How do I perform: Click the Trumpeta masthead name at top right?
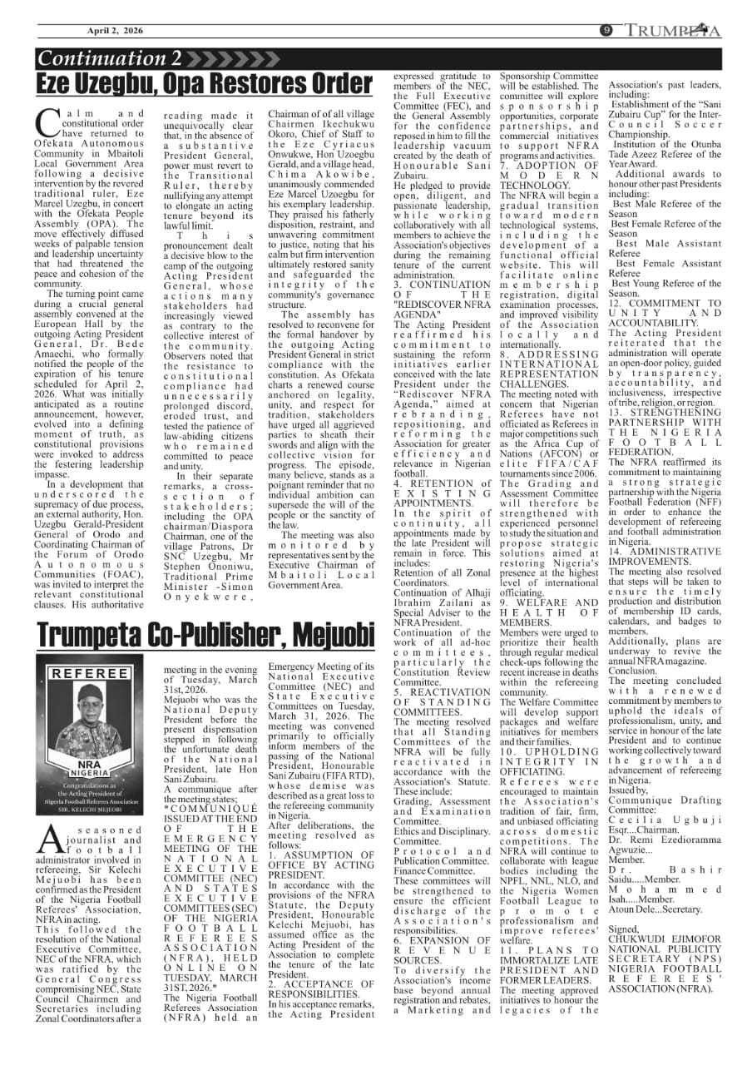pyautogui.click(x=675, y=32)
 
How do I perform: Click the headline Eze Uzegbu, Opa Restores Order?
pyautogui.click(x=204, y=84)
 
